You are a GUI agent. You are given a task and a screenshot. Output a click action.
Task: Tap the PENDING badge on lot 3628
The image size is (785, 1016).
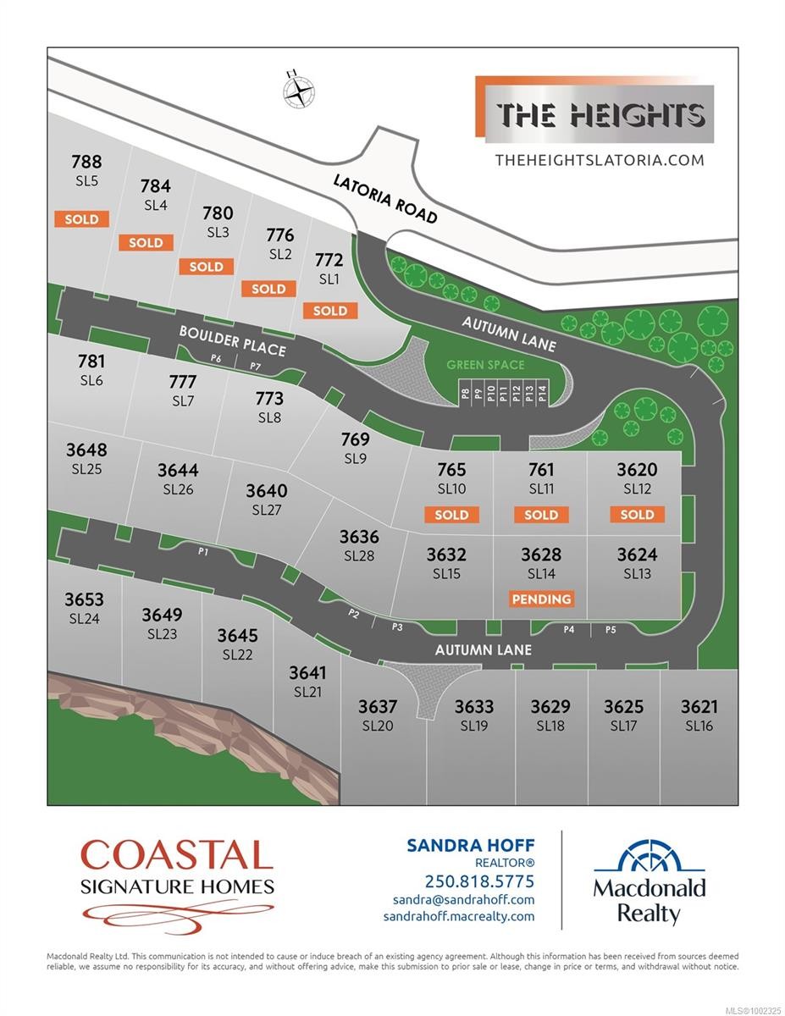[x=541, y=599]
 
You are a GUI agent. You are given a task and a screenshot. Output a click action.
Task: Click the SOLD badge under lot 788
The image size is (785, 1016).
[x=82, y=219]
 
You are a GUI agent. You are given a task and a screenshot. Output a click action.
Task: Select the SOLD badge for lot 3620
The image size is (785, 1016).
[x=637, y=515]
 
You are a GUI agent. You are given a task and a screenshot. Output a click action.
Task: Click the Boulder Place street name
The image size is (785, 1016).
[x=232, y=340]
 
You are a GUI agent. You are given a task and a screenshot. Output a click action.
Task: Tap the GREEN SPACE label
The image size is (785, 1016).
[x=487, y=365]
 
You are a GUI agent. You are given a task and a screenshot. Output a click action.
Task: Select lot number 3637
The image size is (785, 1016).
[x=378, y=706]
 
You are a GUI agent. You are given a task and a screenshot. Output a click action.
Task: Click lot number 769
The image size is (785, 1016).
[x=356, y=439]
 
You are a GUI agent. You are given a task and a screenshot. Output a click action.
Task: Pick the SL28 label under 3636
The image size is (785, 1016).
[x=359, y=556]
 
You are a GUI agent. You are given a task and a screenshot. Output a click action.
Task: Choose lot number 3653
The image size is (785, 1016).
[x=84, y=599]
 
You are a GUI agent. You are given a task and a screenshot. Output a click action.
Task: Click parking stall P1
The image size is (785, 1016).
[x=203, y=551]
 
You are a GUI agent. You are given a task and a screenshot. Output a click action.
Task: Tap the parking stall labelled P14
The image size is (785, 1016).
[x=542, y=394]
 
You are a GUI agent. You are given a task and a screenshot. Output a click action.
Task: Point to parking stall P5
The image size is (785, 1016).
[x=610, y=630]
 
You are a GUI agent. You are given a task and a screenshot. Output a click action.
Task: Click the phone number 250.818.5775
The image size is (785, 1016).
[x=479, y=881]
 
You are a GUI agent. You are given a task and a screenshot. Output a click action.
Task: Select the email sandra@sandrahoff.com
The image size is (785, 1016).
[x=463, y=900]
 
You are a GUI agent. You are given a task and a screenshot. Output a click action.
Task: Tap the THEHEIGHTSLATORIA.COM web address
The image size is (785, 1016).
[x=599, y=159]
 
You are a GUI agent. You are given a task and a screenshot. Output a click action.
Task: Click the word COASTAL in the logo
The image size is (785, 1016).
[x=177, y=855]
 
